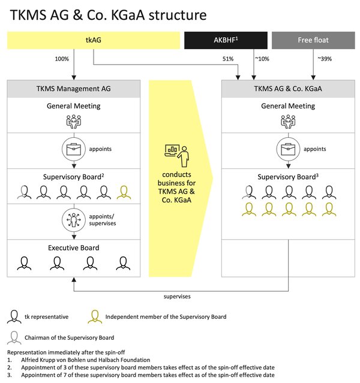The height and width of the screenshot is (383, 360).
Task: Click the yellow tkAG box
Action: (94, 40)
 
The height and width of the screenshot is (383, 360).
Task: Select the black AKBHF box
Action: (226, 40)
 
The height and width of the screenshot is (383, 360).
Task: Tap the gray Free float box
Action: (313, 40)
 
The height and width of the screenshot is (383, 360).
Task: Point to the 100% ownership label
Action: (62, 59)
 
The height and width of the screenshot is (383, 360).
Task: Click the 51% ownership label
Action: (228, 59)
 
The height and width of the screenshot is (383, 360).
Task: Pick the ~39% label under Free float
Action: (325, 59)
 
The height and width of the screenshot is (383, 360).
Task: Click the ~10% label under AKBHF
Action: (262, 59)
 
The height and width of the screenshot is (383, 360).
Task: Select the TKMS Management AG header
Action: (74, 89)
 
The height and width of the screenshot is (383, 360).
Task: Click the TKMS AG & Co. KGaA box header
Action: (288, 89)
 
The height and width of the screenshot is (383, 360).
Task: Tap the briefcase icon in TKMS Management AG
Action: (74, 149)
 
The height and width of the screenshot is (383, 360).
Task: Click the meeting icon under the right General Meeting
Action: (288, 122)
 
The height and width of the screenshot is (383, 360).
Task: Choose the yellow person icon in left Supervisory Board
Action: (124, 192)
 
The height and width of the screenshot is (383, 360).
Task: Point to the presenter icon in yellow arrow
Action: (177, 156)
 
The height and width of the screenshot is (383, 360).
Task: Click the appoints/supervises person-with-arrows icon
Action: (74, 220)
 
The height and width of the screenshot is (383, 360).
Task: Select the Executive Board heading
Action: (74, 248)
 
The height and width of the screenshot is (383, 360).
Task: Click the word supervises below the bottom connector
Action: (177, 297)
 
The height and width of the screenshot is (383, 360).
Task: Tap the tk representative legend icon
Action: (14, 317)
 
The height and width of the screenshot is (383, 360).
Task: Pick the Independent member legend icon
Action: (95, 317)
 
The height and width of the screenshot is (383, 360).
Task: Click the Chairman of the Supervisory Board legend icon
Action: (14, 337)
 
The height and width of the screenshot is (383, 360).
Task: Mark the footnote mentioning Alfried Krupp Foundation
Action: (79, 360)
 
